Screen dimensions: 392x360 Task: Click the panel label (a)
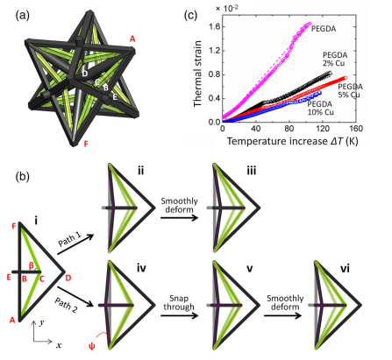[22, 15]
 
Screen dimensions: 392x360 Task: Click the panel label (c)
[190, 15]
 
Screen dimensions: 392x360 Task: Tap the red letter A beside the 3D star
[132, 39]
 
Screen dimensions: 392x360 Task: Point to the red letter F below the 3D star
[86, 145]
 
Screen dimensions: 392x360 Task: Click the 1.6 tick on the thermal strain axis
[214, 27]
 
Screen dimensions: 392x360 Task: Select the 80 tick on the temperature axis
[289, 129]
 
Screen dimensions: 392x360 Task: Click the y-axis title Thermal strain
[198, 74]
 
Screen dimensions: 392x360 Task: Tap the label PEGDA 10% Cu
[320, 108]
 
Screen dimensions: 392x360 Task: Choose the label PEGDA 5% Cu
[350, 91]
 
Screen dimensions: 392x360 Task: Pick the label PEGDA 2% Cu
[335, 59]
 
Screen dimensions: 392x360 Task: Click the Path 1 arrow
[75, 244]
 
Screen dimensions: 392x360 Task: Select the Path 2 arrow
[75, 296]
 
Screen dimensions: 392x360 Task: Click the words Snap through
[179, 302]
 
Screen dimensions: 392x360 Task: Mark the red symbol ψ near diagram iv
[92, 347]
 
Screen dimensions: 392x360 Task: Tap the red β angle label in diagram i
[32, 265]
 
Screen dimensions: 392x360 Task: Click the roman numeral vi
[345, 269]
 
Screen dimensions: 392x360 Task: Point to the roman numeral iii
[251, 171]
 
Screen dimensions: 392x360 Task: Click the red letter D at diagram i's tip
[68, 278]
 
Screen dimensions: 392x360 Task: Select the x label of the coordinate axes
[59, 345]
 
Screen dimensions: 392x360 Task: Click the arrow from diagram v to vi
[282, 315]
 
